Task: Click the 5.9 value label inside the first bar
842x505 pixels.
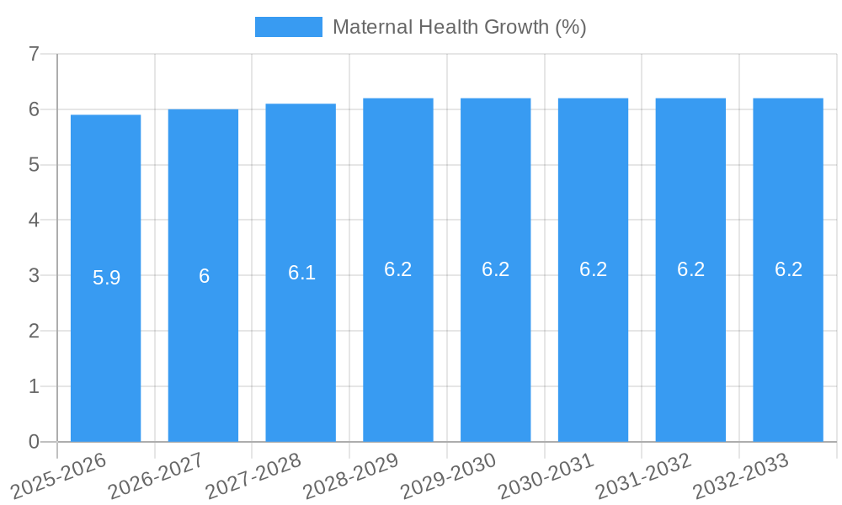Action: click(x=106, y=278)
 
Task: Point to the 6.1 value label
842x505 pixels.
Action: click(x=301, y=273)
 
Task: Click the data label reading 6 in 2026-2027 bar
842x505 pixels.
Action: click(x=204, y=276)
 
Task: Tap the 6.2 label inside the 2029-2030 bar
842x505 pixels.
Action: click(x=495, y=269)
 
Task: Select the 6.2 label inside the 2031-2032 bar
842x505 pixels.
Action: click(x=690, y=269)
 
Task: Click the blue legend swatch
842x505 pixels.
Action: click(x=288, y=27)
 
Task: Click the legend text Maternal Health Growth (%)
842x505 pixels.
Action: click(x=459, y=27)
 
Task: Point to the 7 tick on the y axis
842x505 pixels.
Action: click(x=34, y=54)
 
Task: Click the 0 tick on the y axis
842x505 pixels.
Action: click(x=34, y=442)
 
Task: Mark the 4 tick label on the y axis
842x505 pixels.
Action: click(x=34, y=220)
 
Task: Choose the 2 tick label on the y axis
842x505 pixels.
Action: click(x=34, y=331)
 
